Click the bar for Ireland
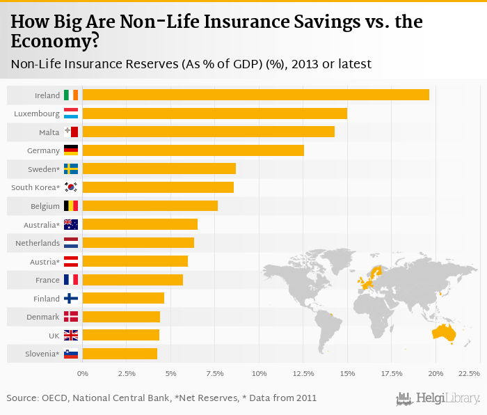(x=255, y=95)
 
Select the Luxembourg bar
(x=214, y=113)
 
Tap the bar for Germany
(x=193, y=150)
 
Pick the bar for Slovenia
(x=120, y=353)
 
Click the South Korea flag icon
(x=71, y=187)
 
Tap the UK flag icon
(x=71, y=335)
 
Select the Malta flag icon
(x=71, y=132)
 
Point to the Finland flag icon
(x=71, y=298)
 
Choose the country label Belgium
(x=44, y=205)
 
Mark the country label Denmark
(x=43, y=317)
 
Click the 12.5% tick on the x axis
(x=303, y=374)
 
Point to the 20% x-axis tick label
(x=436, y=374)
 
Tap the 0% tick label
(x=83, y=374)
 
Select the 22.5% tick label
(x=470, y=374)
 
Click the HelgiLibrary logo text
(x=448, y=398)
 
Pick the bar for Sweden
(x=159, y=169)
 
